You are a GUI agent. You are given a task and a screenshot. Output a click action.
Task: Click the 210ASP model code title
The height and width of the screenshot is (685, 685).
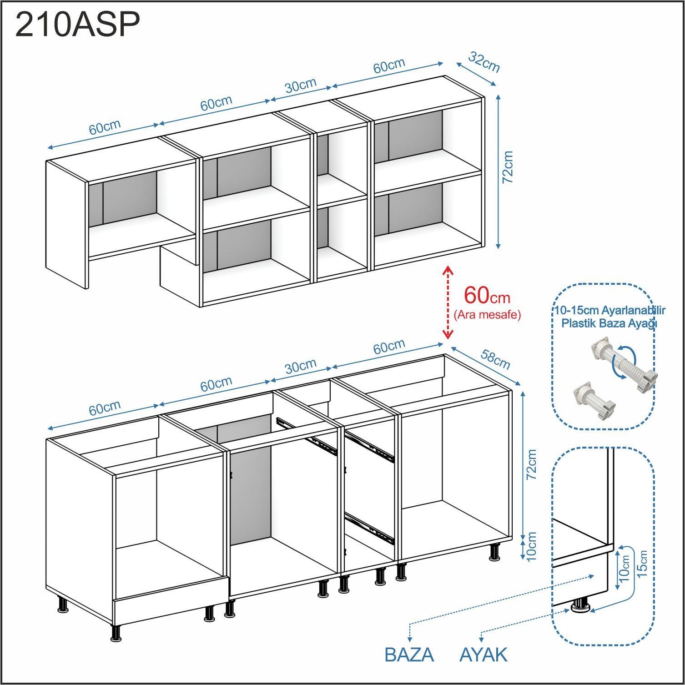pos(77,25)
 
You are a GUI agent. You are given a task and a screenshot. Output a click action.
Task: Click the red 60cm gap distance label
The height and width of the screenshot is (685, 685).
pos(487,295)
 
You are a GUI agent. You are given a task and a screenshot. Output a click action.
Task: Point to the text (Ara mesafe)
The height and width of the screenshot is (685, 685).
pos(487,315)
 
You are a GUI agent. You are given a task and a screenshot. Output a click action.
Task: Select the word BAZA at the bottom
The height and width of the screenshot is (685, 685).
pos(409,655)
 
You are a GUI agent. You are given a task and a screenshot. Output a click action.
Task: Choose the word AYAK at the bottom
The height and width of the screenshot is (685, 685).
pos(483,655)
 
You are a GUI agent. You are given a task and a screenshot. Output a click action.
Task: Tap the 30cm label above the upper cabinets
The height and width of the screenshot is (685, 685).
pos(301,85)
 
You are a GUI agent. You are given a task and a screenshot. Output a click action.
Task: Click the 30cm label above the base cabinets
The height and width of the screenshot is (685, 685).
pos(301,366)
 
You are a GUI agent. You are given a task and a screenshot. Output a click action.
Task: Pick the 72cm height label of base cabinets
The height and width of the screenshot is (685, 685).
pos(531,464)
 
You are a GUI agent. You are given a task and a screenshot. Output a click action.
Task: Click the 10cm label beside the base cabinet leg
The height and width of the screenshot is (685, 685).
pos(531,546)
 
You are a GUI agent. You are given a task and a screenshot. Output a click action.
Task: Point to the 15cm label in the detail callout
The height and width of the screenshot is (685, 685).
pos(642,564)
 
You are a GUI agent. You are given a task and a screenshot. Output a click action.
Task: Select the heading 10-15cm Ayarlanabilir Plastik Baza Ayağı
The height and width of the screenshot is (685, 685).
pos(609,317)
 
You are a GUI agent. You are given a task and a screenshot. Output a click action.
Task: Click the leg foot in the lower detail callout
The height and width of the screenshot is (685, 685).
pos(580,606)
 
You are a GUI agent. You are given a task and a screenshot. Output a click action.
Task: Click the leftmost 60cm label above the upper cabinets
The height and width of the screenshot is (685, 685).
pos(105,127)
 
